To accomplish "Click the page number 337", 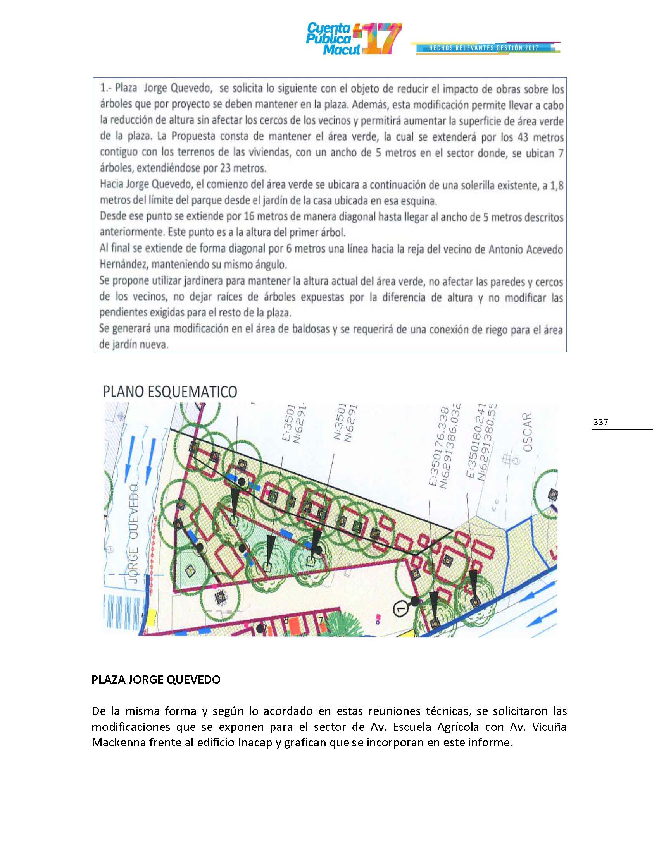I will (600, 422).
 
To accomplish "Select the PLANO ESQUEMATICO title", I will (170, 392).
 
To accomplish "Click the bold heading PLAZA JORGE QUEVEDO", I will (156, 680).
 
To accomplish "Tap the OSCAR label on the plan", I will (528, 433).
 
